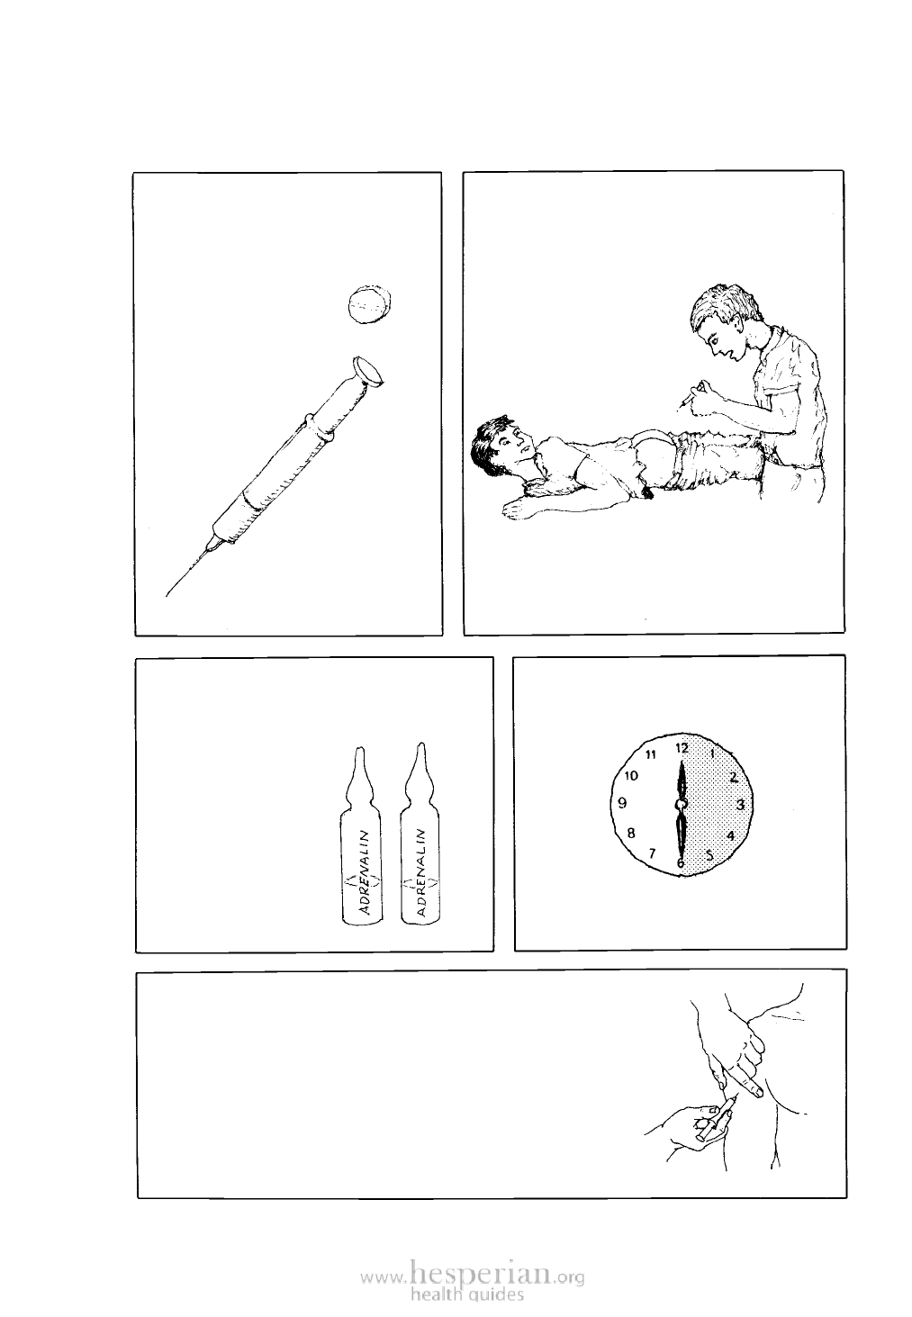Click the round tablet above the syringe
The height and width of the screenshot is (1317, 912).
click(369, 304)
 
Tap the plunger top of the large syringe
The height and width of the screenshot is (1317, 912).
click(369, 372)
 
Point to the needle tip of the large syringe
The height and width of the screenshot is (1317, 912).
click(167, 595)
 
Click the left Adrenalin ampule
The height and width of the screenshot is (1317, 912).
click(360, 835)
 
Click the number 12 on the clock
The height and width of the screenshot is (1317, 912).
click(682, 748)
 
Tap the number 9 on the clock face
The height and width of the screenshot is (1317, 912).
click(623, 803)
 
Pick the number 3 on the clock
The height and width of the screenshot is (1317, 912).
click(741, 804)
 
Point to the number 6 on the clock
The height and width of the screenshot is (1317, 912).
click(680, 863)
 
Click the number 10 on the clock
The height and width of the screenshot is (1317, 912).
click(631, 776)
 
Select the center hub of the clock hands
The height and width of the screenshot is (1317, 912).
click(681, 804)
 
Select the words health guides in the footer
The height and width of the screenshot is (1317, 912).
click(467, 1294)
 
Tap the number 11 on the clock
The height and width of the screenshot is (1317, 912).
click(650, 755)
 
